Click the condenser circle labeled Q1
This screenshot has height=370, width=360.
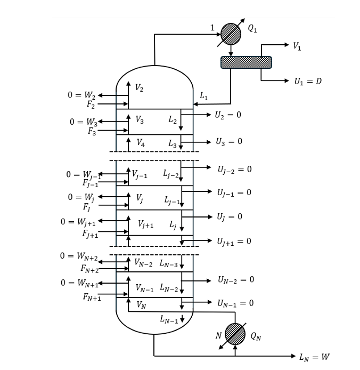[x=231, y=34]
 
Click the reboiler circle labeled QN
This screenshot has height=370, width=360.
[x=235, y=334]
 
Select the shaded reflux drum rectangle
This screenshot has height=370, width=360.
[x=246, y=62]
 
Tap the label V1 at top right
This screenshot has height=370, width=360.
[x=297, y=46]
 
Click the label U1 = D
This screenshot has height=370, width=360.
[x=308, y=82]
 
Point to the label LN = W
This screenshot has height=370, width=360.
[x=315, y=357]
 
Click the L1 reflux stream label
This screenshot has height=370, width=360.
[x=203, y=96]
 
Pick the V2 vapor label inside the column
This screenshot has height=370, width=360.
[x=139, y=88]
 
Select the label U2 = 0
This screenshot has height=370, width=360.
[x=228, y=115]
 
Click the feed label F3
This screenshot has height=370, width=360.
[x=92, y=131]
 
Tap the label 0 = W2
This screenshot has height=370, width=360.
[x=81, y=95]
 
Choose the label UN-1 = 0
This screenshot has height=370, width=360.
[x=235, y=303]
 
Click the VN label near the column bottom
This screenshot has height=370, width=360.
[x=141, y=305]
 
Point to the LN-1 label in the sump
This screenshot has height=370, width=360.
[x=169, y=319]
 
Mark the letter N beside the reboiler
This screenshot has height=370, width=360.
[x=218, y=335]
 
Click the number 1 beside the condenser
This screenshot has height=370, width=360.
[x=212, y=28]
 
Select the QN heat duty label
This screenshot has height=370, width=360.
[x=256, y=336]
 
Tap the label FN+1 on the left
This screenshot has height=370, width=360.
[x=92, y=297]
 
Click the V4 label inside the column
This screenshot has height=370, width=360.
[x=141, y=143]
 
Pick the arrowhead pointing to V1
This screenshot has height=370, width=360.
[x=287, y=45]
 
